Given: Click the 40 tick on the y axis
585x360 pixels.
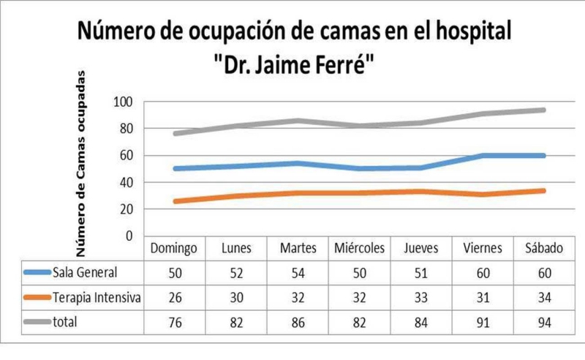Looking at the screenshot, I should (x=127, y=182).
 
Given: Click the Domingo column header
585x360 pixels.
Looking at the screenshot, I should (x=173, y=249).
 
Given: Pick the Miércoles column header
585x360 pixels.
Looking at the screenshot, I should (x=358, y=249).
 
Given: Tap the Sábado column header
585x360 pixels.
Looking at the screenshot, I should (x=543, y=249).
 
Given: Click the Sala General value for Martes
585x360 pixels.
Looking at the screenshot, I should (x=298, y=273).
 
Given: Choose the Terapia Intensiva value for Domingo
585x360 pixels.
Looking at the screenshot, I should (x=173, y=297).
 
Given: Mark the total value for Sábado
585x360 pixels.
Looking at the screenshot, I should (x=543, y=321).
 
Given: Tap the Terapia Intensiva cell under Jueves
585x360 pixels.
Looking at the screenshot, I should (x=420, y=297).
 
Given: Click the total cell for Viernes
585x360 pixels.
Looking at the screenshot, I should (x=482, y=321).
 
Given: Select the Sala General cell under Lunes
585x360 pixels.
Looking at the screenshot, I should (x=235, y=273).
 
